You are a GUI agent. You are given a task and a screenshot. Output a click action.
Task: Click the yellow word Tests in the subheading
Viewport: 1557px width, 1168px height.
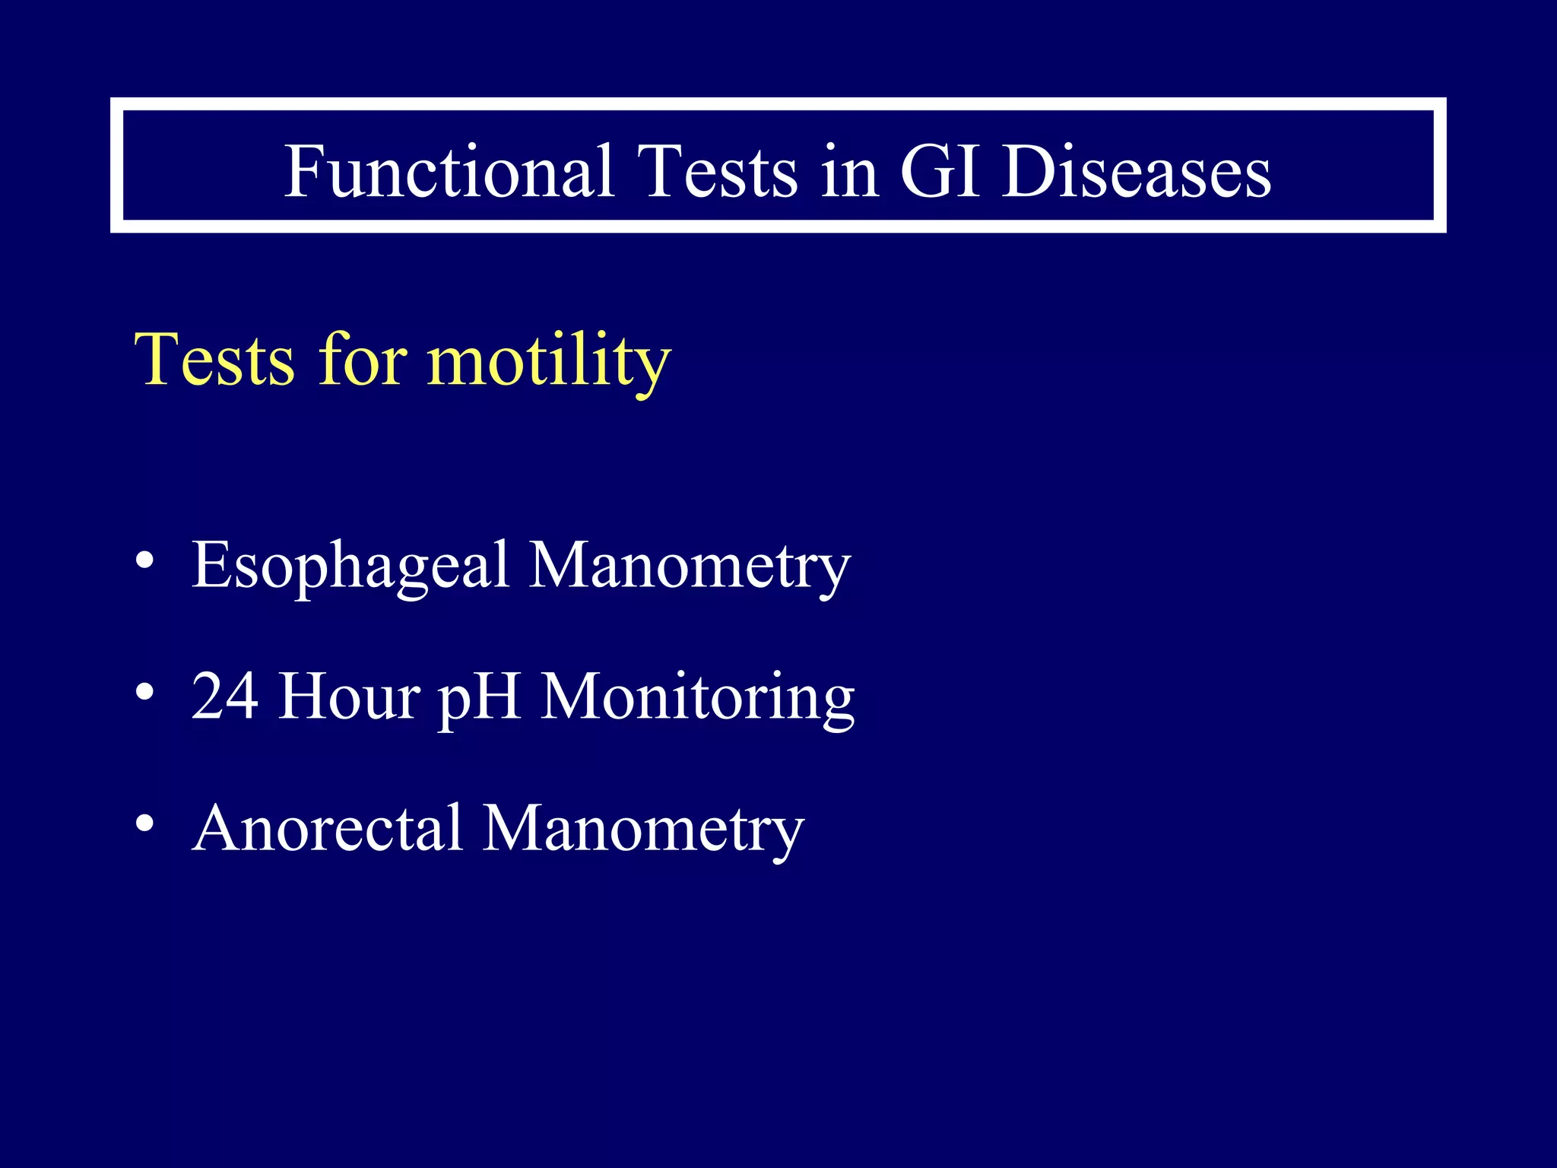(214, 360)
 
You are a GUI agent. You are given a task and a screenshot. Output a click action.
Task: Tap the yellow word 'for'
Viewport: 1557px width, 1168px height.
(363, 360)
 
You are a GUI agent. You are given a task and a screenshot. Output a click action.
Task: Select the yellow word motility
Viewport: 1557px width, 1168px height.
(549, 360)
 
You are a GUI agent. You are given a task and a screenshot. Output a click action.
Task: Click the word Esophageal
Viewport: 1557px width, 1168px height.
(350, 565)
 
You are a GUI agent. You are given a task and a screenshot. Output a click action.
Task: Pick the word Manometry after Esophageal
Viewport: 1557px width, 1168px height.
(689, 565)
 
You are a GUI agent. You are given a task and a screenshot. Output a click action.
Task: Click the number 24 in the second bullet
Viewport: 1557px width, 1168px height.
(225, 696)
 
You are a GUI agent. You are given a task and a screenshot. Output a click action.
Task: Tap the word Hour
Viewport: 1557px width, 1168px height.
(349, 696)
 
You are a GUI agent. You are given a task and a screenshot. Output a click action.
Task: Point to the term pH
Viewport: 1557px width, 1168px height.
(479, 696)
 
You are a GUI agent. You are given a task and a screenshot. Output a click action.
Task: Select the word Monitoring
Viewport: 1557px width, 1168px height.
(697, 696)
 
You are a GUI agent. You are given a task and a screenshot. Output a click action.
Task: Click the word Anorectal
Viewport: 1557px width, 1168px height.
(328, 828)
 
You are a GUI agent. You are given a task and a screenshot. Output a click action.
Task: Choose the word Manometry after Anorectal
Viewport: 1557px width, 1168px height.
(643, 828)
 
